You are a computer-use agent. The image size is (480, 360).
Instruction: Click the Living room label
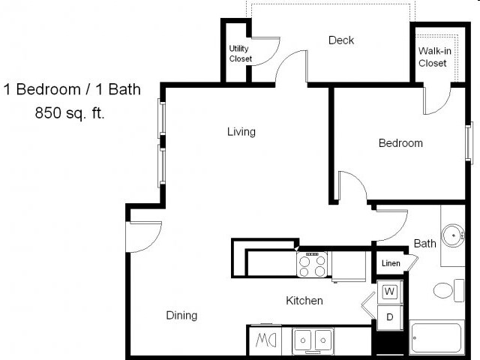click(241, 132)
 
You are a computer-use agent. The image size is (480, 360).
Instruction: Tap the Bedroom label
click(400, 143)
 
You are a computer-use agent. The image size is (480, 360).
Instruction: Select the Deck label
click(341, 40)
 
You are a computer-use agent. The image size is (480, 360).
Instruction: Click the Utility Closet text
click(240, 54)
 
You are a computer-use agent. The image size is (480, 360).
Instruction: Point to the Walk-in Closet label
click(433, 57)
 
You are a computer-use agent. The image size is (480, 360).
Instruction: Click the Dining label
click(181, 316)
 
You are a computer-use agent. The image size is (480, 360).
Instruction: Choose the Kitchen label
click(304, 301)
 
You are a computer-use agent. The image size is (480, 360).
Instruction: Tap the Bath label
click(424, 244)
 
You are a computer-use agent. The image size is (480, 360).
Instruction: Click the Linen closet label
click(391, 263)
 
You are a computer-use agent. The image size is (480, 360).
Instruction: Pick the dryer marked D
click(390, 316)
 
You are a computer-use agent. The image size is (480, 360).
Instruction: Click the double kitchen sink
click(313, 340)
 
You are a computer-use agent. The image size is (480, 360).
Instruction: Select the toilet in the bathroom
click(448, 290)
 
